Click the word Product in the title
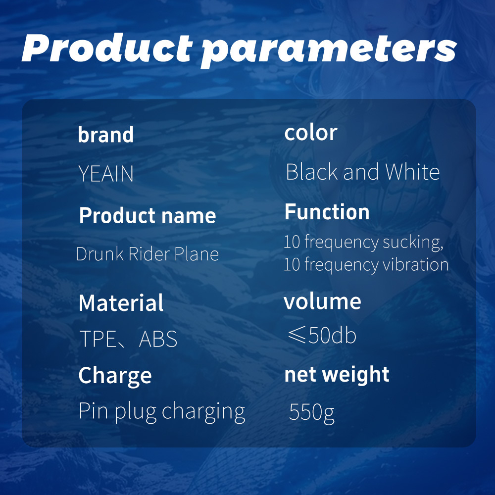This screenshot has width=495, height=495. tap(107, 48)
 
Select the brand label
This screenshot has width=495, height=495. tap(106, 135)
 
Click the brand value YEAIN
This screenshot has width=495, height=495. tap(106, 174)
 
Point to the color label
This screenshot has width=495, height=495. tap(311, 132)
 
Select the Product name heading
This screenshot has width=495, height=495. tap(148, 215)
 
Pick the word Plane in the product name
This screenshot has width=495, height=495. tap(197, 254)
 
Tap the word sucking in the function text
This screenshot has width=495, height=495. tap(413, 243)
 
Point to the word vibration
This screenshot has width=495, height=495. tap(415, 264)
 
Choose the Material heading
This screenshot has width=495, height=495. tap(121, 303)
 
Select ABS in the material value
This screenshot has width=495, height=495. tap(158, 339)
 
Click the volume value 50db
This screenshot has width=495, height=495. tap(332, 335)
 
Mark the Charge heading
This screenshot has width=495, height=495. tap(115, 376)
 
